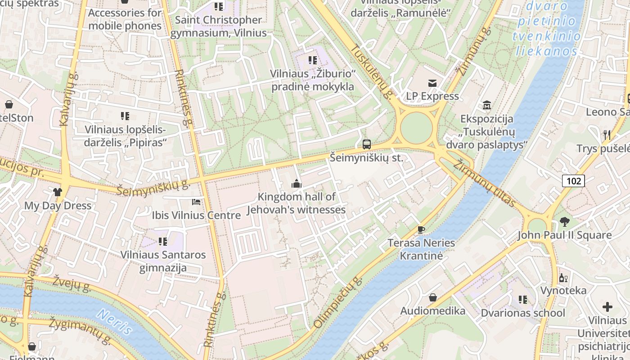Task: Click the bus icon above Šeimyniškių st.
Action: [367, 144]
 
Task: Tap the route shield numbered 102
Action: [573, 181]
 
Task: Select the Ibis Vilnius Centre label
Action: [196, 215]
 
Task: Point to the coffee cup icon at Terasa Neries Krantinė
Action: [421, 229]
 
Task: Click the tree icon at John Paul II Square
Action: [564, 221]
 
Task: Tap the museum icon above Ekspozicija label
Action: [486, 105]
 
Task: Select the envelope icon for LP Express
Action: [432, 83]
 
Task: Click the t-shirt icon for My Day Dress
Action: [58, 192]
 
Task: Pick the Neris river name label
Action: [114, 322]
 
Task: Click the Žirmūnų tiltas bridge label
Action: [484, 184]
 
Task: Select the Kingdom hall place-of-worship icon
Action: [296, 183]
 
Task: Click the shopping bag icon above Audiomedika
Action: [432, 297]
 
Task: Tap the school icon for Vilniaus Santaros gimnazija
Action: [163, 242]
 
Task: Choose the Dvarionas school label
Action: [523, 313]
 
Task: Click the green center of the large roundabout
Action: [416, 128]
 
